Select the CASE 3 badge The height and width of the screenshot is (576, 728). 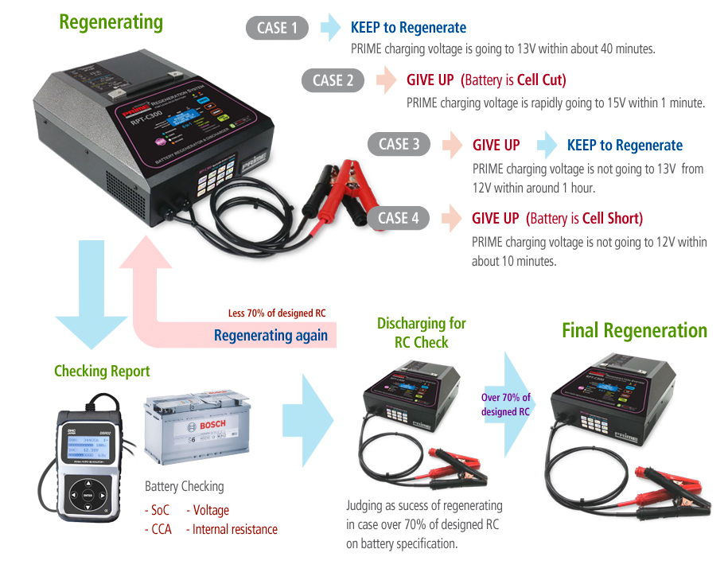(399, 145)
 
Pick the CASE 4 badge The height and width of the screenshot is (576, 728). (399, 218)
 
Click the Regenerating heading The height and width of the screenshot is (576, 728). (111, 21)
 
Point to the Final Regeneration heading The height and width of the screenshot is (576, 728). (634, 330)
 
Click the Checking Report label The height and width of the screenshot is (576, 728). (102, 371)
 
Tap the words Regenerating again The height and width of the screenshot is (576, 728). (271, 335)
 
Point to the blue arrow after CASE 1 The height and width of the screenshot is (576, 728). (329, 29)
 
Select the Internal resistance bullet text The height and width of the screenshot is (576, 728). (236, 529)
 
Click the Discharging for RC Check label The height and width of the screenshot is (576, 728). (421, 333)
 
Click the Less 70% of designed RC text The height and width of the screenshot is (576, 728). (277, 313)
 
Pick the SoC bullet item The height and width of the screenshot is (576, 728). (159, 510)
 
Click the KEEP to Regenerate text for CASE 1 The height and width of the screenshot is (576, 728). (408, 29)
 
